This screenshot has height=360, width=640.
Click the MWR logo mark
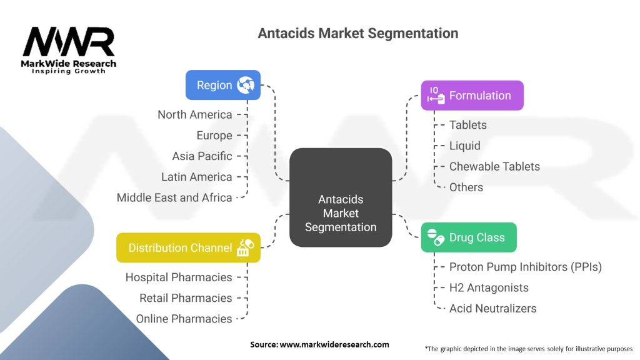69,42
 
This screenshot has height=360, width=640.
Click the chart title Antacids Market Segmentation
358,33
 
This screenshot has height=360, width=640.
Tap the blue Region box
223,85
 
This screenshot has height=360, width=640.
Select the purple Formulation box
472,96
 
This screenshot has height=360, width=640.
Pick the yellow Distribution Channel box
188,247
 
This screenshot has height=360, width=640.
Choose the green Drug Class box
469,237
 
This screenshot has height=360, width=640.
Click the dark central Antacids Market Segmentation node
341,197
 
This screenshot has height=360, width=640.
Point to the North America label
195,115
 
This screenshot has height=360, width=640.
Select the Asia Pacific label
202,156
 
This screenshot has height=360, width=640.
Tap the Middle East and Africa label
174,197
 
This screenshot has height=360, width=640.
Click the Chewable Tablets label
494,166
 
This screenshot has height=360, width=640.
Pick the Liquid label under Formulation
464,146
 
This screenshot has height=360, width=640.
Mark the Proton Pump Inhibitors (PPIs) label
525,267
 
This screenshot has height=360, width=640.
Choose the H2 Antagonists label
489,287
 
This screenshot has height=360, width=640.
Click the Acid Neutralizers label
492,309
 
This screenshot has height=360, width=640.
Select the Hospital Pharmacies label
179,277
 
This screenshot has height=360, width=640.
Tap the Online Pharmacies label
184,319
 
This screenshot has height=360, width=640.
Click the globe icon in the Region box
246,85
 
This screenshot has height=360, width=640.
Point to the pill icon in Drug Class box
436,237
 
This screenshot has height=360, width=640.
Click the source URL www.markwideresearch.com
334,344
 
